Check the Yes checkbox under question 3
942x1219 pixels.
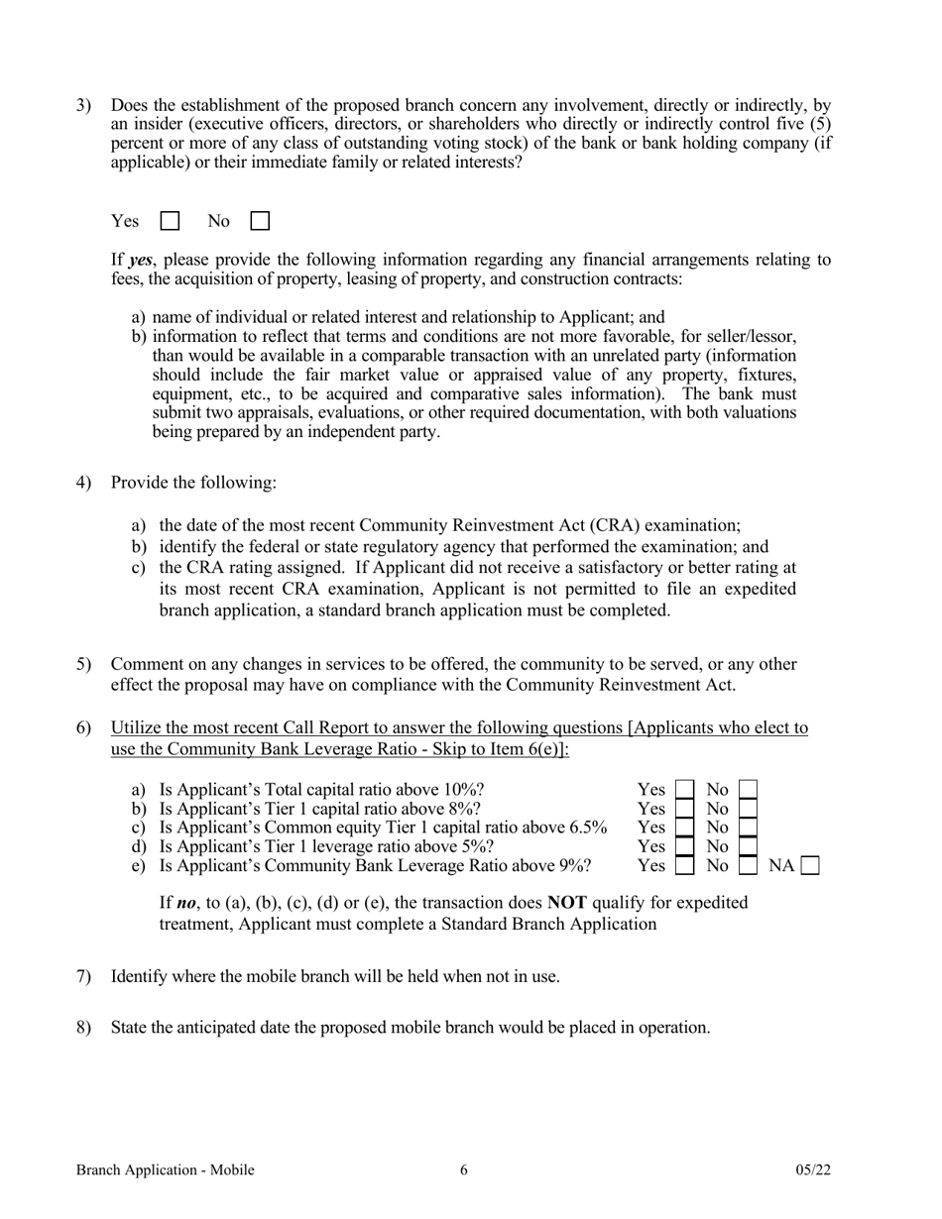click(x=170, y=221)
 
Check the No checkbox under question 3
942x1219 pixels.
click(x=260, y=221)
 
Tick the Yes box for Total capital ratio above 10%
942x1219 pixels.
click(x=684, y=790)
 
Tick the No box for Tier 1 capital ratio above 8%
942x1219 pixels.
click(x=749, y=809)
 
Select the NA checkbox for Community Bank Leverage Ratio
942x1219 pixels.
click(x=810, y=866)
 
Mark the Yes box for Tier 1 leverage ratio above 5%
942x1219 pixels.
click(x=684, y=846)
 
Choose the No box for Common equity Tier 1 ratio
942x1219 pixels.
click(x=749, y=828)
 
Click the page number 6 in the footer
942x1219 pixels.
click(x=464, y=1170)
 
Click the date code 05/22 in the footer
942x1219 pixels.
click(x=813, y=1170)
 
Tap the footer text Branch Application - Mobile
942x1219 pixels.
click(x=166, y=1170)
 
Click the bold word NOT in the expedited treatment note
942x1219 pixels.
click(x=566, y=903)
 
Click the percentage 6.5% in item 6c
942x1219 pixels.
click(x=587, y=828)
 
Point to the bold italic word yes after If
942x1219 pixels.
click(x=141, y=261)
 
